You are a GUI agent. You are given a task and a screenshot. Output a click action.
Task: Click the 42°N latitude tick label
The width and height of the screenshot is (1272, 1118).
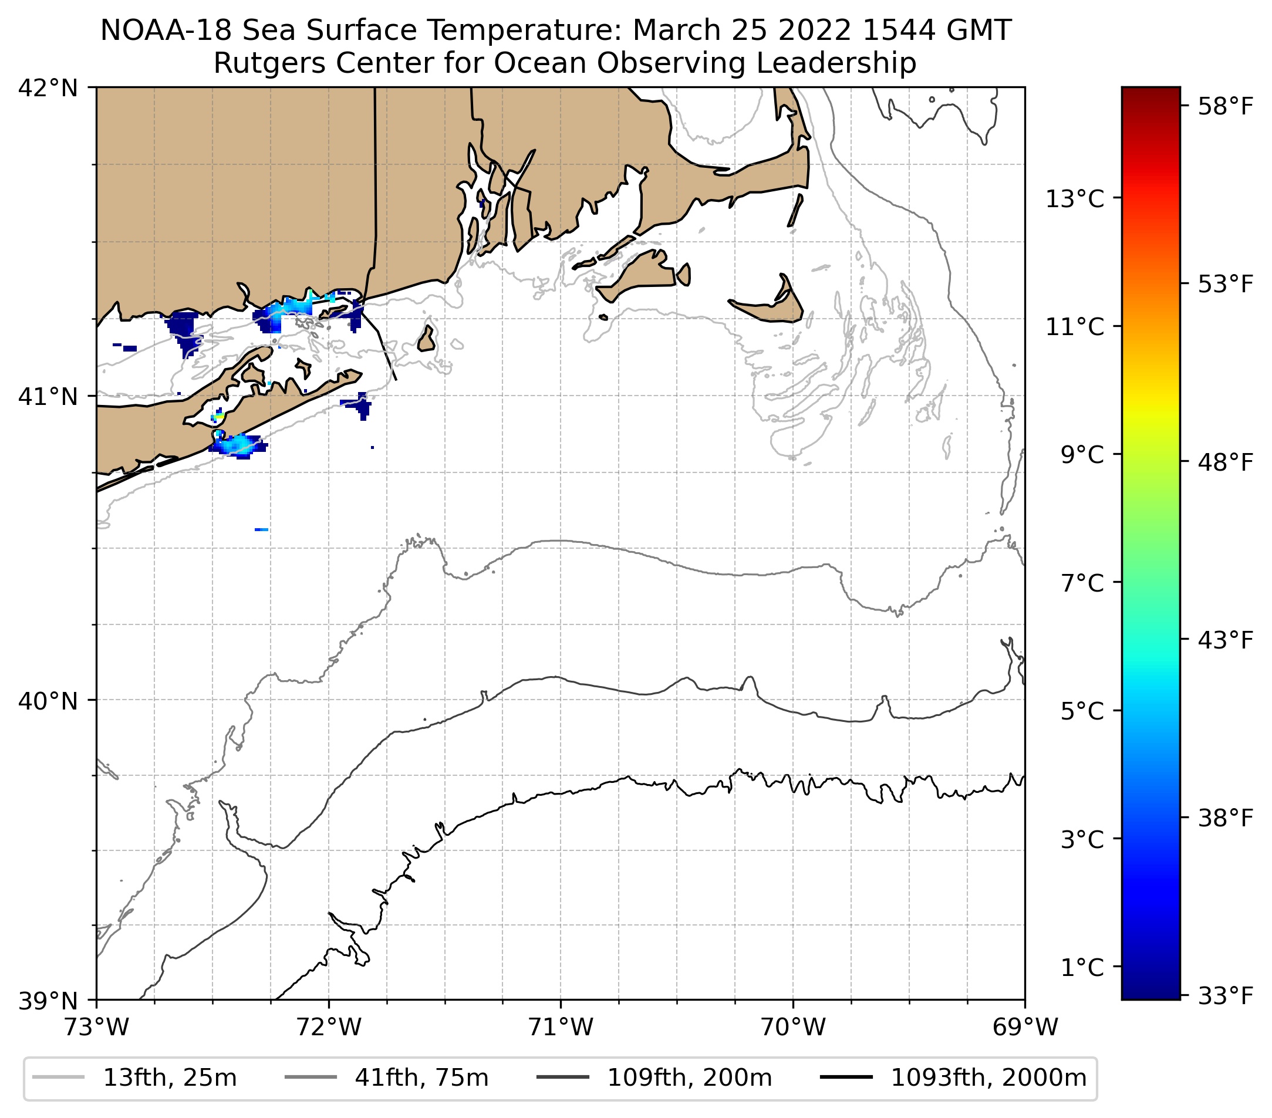48,89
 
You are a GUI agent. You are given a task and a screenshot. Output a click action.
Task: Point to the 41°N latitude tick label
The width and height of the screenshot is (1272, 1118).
48,396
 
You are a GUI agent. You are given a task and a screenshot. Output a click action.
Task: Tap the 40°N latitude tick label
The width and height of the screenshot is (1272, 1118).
48,701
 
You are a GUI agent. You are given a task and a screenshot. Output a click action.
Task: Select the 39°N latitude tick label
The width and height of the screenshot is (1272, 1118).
48,1001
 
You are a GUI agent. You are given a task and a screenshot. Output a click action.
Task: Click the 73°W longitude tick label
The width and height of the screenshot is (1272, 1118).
96,1028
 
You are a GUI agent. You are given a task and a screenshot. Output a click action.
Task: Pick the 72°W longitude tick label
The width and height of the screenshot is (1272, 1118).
329,1028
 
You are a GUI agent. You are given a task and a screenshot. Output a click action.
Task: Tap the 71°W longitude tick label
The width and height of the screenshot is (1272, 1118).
561,1028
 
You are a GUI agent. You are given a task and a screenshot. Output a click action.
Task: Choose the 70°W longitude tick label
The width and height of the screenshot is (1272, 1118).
793,1028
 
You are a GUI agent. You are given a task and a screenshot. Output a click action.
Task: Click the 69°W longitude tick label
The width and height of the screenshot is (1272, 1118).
1025,1028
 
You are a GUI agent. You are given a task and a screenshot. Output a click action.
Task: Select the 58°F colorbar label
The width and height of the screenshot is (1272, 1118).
1225,107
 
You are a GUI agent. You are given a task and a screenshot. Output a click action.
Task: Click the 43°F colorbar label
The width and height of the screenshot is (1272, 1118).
1225,640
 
